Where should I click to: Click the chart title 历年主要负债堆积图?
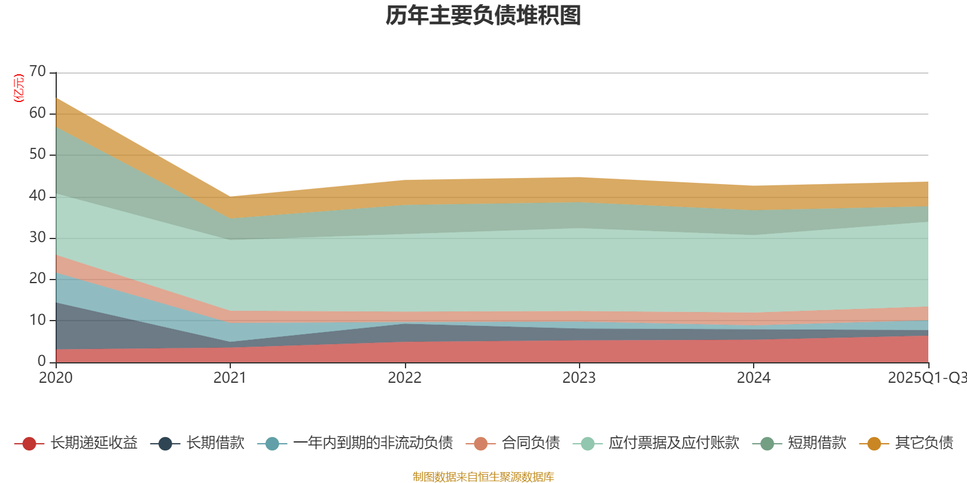click(x=483, y=16)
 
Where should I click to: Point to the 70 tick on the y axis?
click(x=37, y=72)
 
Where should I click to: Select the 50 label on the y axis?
click(x=37, y=155)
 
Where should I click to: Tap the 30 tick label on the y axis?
click(x=37, y=237)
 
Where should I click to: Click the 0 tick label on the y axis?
click(x=42, y=361)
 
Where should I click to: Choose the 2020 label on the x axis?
click(x=56, y=378)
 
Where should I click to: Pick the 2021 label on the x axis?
click(x=230, y=378)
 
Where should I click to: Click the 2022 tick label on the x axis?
click(x=404, y=378)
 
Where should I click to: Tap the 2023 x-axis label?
click(x=579, y=378)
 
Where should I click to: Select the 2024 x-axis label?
click(x=753, y=378)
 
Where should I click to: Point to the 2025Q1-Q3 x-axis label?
click(x=927, y=378)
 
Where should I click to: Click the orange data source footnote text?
click(x=483, y=477)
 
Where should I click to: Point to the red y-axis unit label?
click(x=19, y=89)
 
